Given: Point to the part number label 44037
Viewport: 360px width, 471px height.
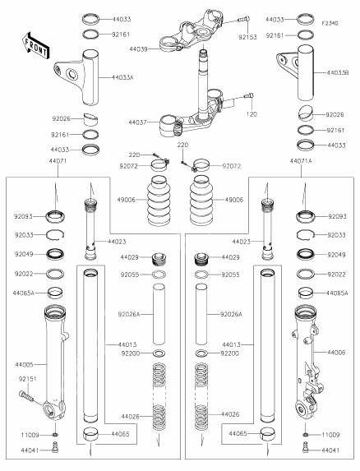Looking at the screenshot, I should [138, 122].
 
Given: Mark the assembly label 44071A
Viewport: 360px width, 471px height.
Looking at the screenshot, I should [302, 162].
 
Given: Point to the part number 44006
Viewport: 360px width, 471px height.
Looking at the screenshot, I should [336, 352].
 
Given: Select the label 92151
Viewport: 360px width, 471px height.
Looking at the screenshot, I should [28, 380].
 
